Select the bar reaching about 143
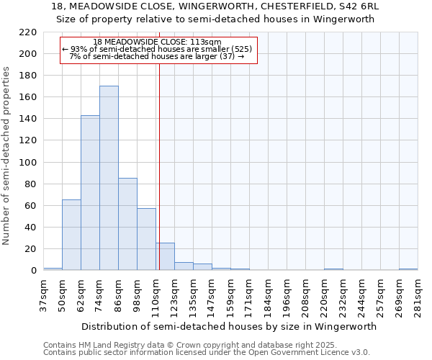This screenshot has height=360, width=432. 90,193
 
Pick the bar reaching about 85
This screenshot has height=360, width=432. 127,224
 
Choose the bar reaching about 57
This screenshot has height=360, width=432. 146,239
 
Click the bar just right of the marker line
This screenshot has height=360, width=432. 165,256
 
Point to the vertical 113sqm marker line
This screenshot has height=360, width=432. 159,166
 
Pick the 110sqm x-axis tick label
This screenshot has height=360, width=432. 156,294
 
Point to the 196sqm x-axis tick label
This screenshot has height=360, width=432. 287,294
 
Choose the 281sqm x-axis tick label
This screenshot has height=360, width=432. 418,294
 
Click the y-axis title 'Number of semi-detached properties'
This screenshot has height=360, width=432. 7,156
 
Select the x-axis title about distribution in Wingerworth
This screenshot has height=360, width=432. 230,326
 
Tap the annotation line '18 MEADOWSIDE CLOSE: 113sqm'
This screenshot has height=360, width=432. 157,42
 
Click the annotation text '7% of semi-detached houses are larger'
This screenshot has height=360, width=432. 157,56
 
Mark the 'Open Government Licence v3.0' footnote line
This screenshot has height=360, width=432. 207,353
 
